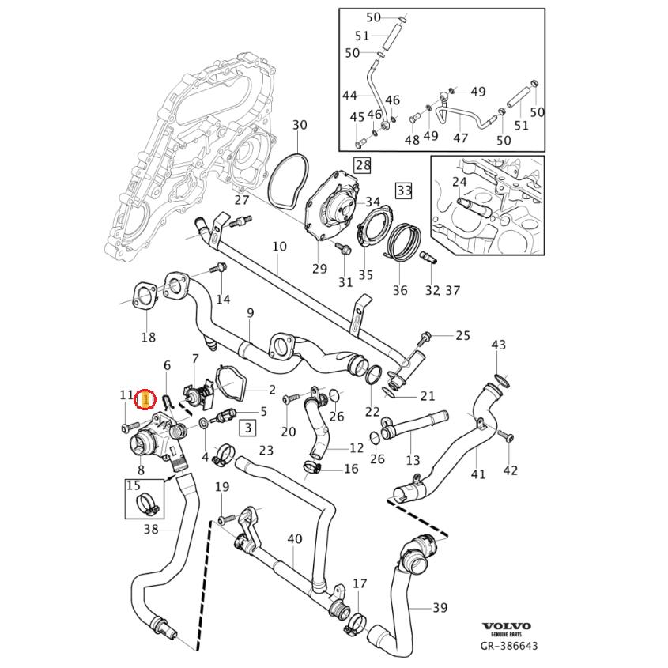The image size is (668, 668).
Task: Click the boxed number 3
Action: pyautogui.click(x=247, y=428)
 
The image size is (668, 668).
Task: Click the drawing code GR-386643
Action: pyautogui.click(x=509, y=646)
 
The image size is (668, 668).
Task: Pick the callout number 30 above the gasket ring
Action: pyautogui.click(x=300, y=125)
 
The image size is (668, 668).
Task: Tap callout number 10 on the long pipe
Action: pyautogui.click(x=279, y=247)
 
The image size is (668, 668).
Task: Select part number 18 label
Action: pyautogui.click(x=148, y=338)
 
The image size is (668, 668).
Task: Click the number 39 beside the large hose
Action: pyautogui.click(x=440, y=607)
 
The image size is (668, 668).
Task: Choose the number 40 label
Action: pyautogui.click(x=294, y=539)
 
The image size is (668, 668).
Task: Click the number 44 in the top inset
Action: pyautogui.click(x=349, y=95)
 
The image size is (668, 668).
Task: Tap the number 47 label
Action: pyautogui.click(x=460, y=138)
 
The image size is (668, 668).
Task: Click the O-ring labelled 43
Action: pyautogui.click(x=499, y=376)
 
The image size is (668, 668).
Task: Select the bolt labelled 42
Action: pyautogui.click(x=507, y=436)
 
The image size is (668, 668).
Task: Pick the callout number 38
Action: pyautogui.click(x=151, y=530)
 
